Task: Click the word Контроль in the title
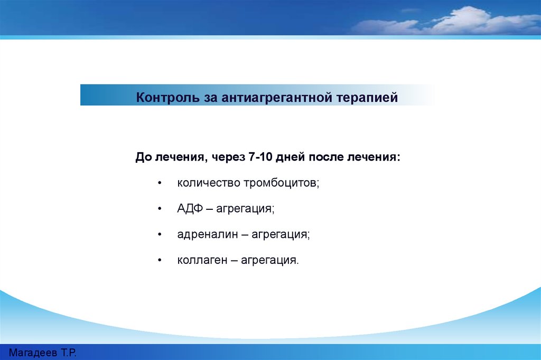click(x=167, y=97)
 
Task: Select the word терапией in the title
click(x=367, y=98)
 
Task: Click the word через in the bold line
click(x=228, y=158)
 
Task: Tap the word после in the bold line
click(x=326, y=157)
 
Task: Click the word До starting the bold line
click(x=143, y=158)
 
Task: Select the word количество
click(x=209, y=182)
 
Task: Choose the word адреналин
click(x=207, y=234)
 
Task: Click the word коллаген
click(x=202, y=260)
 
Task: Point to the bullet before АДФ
click(x=160, y=209)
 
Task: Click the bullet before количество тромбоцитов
click(x=160, y=183)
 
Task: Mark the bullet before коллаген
click(x=160, y=260)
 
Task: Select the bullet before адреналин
click(x=160, y=235)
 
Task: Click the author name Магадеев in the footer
click(x=33, y=353)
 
